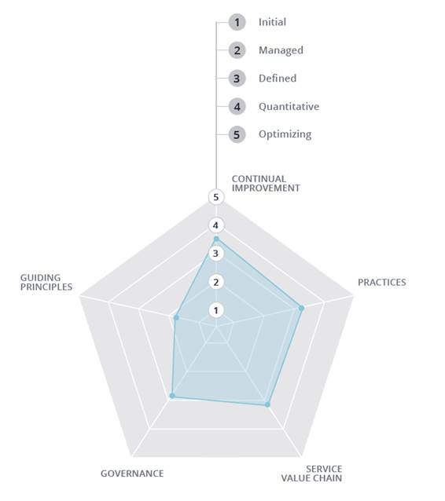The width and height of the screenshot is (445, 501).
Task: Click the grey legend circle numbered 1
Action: point(237,22)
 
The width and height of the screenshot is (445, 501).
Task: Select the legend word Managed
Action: point(281,50)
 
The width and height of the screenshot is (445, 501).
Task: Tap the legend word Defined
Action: point(278,79)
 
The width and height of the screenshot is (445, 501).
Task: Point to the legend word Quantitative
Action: point(289,106)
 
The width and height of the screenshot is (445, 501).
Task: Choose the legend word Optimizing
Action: point(285,134)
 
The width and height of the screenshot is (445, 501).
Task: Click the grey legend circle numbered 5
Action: point(237,134)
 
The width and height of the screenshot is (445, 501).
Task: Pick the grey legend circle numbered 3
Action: point(237,79)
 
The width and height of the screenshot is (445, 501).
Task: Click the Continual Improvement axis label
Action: point(266,184)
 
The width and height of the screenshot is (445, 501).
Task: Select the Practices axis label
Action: point(381,283)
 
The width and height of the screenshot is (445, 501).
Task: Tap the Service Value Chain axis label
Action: point(311,474)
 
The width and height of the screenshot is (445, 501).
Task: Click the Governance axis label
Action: point(132,474)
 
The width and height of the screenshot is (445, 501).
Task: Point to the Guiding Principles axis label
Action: point(46,283)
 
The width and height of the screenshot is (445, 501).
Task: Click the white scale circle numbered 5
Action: point(216,197)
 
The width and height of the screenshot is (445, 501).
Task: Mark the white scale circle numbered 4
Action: point(216,225)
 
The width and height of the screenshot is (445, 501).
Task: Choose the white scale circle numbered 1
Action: point(216,310)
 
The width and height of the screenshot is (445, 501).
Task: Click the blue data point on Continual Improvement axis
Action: point(216,239)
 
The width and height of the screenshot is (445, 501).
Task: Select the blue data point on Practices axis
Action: point(301,308)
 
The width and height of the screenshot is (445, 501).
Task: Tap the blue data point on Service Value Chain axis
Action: point(267,404)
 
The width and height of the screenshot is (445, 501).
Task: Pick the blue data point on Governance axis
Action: point(172,396)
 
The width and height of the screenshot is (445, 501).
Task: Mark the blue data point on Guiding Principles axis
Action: point(176,317)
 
